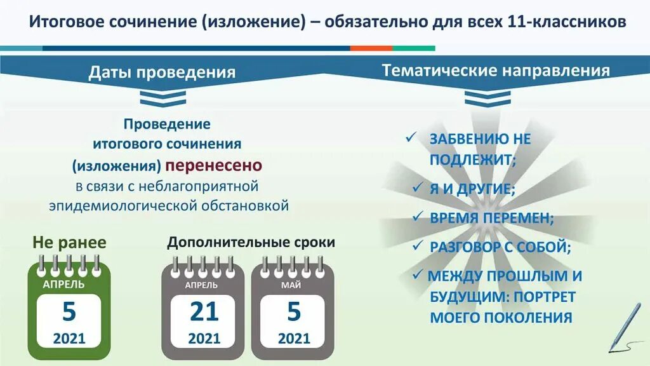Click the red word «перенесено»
[214, 166]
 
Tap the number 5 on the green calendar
[69, 312]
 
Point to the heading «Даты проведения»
[162, 72]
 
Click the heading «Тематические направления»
[496, 71]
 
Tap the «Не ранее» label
[69, 243]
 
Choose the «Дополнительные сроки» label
[251, 243]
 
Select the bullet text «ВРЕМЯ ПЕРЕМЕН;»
[491, 218]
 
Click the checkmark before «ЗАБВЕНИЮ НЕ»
[411, 138]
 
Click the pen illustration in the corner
[625, 327]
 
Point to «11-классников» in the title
[567, 22]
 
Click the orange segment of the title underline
[371, 48]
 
